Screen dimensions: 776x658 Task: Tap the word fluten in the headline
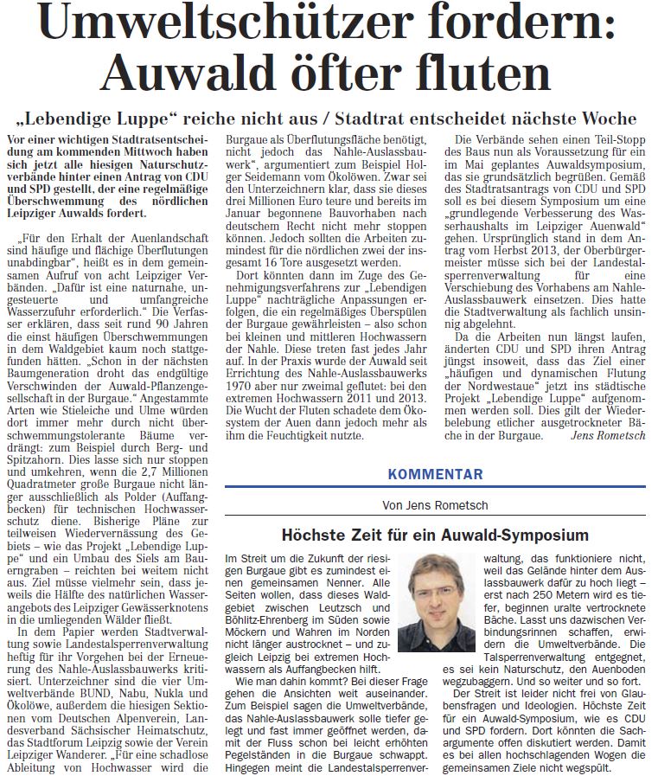[x=464, y=76]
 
